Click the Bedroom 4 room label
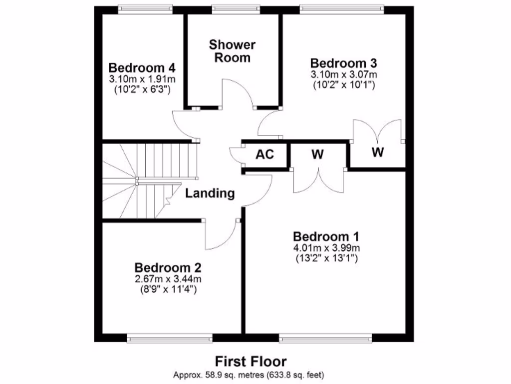(142, 67)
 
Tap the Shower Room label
(232, 51)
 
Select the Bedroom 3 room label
(343, 63)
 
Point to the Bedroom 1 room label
(326, 236)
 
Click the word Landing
(210, 193)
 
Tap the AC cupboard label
(265, 154)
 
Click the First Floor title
(251, 361)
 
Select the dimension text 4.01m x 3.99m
(326, 248)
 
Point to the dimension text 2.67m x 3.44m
(168, 278)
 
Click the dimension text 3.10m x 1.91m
(142, 79)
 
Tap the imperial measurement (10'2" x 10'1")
(344, 85)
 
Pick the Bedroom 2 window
(170, 339)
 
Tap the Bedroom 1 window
(325, 339)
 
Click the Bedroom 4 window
(145, 8)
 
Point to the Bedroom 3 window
(342, 8)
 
